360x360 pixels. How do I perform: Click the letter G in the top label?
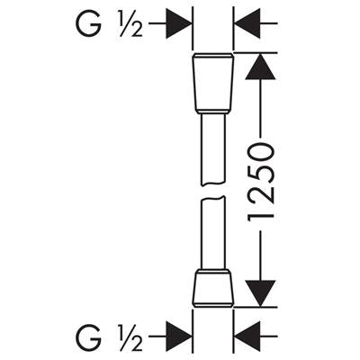coord(87,23)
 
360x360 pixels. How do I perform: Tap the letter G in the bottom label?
coord(87,337)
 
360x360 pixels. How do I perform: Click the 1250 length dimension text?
coord(261,182)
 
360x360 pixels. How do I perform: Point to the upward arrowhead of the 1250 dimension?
coord(260,67)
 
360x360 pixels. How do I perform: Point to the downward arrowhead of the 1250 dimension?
coord(260,293)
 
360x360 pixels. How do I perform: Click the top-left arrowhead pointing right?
coord(179,23)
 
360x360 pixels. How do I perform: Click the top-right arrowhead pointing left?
coord(247,23)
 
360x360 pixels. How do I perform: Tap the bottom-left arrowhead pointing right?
coord(179,337)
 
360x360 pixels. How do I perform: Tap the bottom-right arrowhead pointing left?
coord(247,337)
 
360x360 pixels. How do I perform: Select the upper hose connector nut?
coord(212,84)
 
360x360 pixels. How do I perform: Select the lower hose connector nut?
coord(212,288)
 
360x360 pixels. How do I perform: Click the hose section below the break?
coord(212,233)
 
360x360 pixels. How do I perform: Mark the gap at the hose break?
coord(212,192)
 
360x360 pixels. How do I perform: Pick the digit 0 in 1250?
coord(261,152)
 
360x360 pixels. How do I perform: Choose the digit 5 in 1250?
coord(261,174)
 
